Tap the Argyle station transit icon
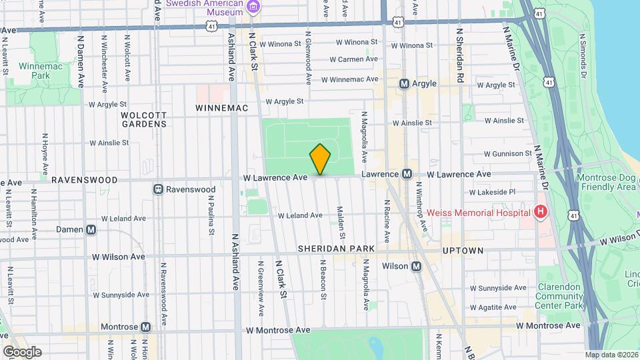404,84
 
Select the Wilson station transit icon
417,266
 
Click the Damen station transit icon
91,229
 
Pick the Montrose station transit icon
145,327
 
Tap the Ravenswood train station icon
159,189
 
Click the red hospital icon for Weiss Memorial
541,212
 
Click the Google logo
21,351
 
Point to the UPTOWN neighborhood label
463,250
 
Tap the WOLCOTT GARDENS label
143,119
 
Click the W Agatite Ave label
493,307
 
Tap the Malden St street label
342,223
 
